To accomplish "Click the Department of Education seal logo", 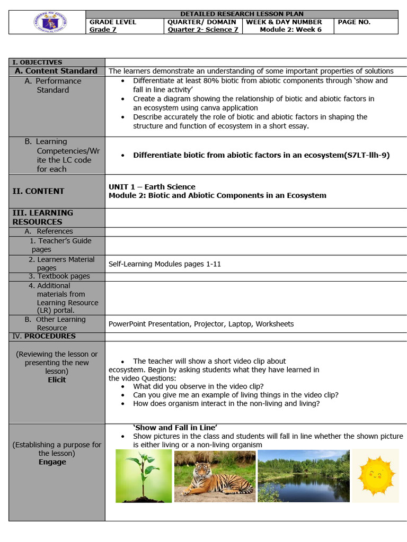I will pos(48,22).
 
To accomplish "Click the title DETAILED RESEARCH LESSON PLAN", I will pos(242,14).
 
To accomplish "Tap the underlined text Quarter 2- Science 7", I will pos(203,30).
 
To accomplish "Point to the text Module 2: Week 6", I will pos(290,30).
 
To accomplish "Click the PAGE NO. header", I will pos(354,22).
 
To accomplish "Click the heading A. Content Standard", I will pos(56,71).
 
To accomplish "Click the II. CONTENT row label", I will pos(38,191).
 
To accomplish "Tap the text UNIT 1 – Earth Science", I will pos(152,187).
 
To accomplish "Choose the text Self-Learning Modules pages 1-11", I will pos(164,264).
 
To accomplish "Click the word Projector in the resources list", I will pos(209,324).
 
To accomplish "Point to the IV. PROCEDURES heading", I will pos(44,336).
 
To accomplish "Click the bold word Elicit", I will pos(57,380).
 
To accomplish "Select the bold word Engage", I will pos(52,462).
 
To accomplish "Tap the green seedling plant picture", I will pos(144,476).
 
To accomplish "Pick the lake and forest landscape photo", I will pos(303,476).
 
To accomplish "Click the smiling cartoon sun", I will pos(375,475).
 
